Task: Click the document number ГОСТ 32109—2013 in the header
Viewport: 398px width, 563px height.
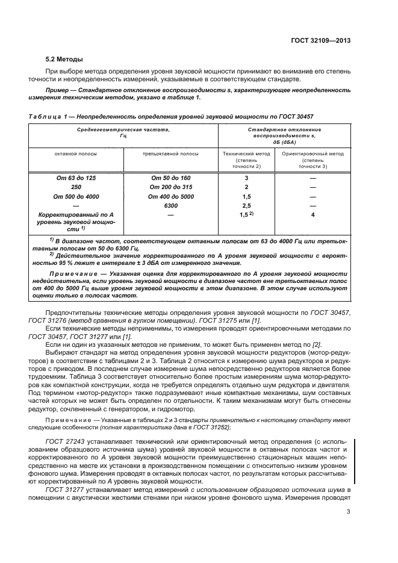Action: (320, 42)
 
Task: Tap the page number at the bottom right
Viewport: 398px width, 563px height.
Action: (349, 513)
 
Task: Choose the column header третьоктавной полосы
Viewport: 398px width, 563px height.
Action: (170, 154)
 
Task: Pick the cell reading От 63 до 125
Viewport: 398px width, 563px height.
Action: (75, 178)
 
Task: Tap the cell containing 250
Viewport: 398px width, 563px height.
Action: (75, 187)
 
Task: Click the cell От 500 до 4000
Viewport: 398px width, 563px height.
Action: (75, 196)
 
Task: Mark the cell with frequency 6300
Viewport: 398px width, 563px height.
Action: (171, 205)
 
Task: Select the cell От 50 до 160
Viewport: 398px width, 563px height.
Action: (171, 178)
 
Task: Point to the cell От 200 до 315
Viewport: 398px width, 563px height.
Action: (171, 187)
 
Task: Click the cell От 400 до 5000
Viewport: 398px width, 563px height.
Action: (171, 196)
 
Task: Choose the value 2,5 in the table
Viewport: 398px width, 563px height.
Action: (246, 205)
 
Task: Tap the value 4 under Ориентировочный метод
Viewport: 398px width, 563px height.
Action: (312, 214)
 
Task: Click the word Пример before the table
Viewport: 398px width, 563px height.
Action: (59, 89)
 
